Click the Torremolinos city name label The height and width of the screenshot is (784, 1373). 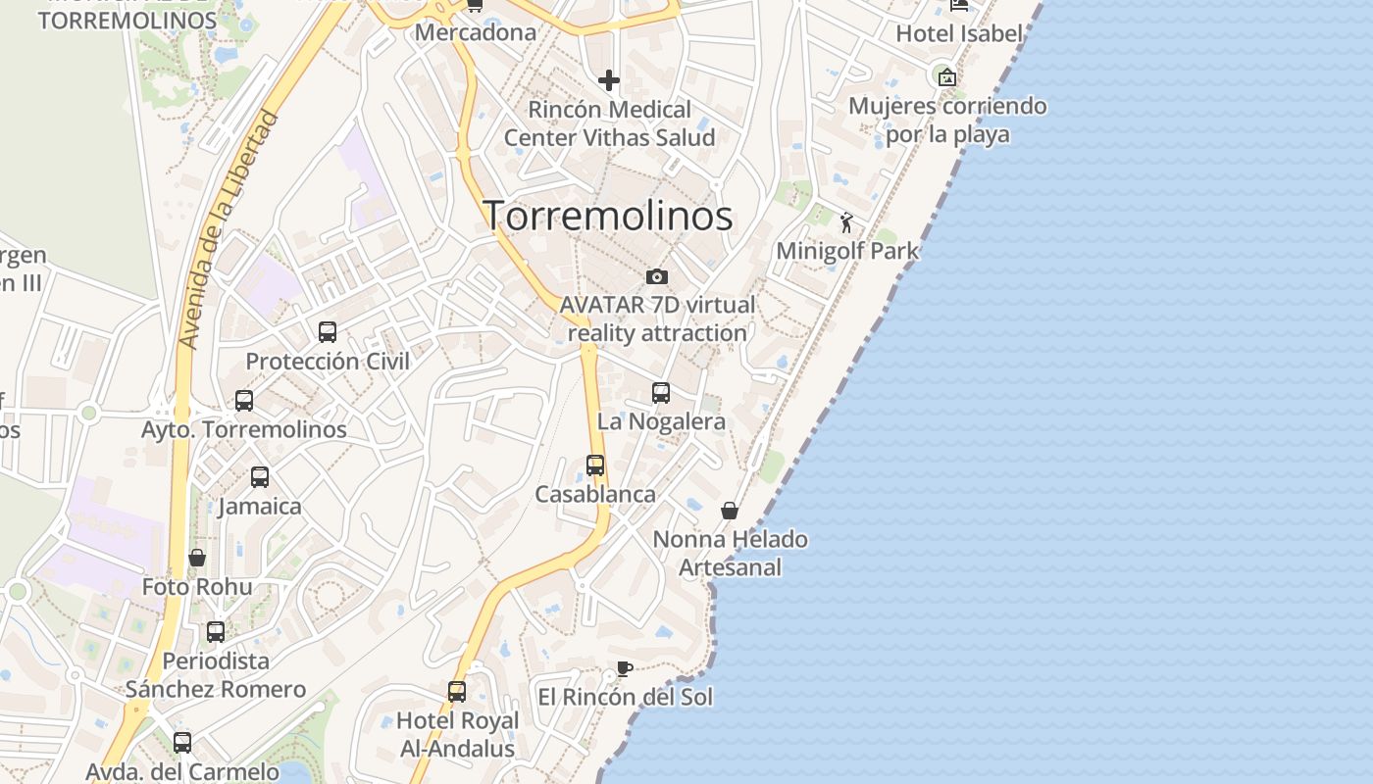click(x=608, y=216)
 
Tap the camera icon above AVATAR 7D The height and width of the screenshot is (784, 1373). click(x=657, y=277)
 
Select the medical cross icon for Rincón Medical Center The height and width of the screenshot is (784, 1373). click(x=609, y=80)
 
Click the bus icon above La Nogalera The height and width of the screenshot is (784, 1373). click(x=661, y=393)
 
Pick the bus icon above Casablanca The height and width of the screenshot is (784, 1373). click(x=595, y=465)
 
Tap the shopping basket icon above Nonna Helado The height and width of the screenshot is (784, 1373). click(x=730, y=511)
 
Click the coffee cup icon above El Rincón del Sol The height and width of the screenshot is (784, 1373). click(x=624, y=669)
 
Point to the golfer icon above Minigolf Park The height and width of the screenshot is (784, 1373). click(x=846, y=223)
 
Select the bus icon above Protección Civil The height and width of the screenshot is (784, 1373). click(x=328, y=332)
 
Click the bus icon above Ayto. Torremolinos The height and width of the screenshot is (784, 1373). click(x=244, y=401)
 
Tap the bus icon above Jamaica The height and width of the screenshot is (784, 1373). click(x=260, y=477)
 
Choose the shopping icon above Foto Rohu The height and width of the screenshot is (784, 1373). click(x=197, y=558)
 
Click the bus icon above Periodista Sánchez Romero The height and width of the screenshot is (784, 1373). click(x=216, y=632)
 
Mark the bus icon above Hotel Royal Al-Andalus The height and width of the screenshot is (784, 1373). click(x=457, y=692)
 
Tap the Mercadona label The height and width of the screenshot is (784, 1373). click(x=476, y=32)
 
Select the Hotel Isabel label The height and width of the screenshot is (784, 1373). click(x=959, y=33)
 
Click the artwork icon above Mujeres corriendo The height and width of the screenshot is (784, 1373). click(x=947, y=77)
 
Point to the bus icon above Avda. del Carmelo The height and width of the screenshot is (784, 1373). click(x=182, y=743)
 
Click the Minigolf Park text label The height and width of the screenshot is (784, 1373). click(x=847, y=251)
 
